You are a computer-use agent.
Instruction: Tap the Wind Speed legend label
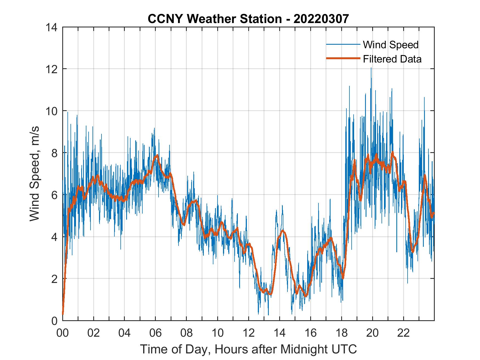point(391,45)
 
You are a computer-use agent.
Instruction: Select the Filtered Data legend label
point(392,59)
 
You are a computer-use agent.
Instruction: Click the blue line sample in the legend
point(343,44)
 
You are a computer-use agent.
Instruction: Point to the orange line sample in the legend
point(343,58)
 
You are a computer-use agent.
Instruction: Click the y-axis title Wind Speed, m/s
point(35,174)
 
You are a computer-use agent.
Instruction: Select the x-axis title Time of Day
point(249,349)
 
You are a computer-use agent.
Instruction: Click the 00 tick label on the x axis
point(63,333)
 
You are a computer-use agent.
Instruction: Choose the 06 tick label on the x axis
point(156,333)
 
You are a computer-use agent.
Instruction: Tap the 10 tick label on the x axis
point(218,333)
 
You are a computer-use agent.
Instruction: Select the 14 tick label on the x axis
point(279,333)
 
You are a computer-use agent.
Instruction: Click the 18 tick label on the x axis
point(341,333)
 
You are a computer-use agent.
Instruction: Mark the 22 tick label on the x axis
point(403,333)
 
